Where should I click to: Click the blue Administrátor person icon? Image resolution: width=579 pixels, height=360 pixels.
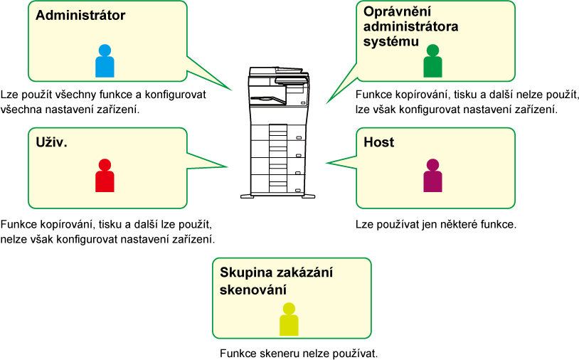(x=105, y=61)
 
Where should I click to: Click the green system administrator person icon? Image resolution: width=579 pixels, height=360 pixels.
(x=432, y=61)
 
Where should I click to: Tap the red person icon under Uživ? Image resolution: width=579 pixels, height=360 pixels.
(x=105, y=176)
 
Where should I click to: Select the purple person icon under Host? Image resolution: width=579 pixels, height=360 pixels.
(x=432, y=176)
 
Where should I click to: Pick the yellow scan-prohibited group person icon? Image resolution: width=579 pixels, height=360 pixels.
(x=289, y=319)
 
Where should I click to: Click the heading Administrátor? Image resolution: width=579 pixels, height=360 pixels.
(x=80, y=15)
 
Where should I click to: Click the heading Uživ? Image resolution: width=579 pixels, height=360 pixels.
(x=52, y=142)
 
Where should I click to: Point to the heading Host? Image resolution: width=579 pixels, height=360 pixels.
(x=379, y=142)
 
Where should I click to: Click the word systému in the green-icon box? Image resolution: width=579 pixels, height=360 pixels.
(x=391, y=41)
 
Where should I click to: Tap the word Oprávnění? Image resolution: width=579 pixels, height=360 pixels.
(x=398, y=11)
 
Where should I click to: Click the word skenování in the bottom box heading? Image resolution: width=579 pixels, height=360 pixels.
(x=253, y=290)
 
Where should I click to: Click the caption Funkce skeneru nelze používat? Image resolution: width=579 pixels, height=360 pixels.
(x=299, y=354)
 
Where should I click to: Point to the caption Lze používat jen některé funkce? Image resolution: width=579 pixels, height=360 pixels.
(x=436, y=225)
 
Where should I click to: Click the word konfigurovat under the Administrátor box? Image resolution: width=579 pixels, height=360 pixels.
(x=176, y=95)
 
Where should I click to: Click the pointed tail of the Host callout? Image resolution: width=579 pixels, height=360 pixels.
(x=327, y=162)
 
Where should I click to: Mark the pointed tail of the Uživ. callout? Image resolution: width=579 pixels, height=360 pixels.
(x=226, y=166)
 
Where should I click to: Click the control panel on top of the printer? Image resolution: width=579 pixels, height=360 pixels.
(x=292, y=80)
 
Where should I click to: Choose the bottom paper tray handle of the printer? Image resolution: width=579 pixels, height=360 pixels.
(x=298, y=190)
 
